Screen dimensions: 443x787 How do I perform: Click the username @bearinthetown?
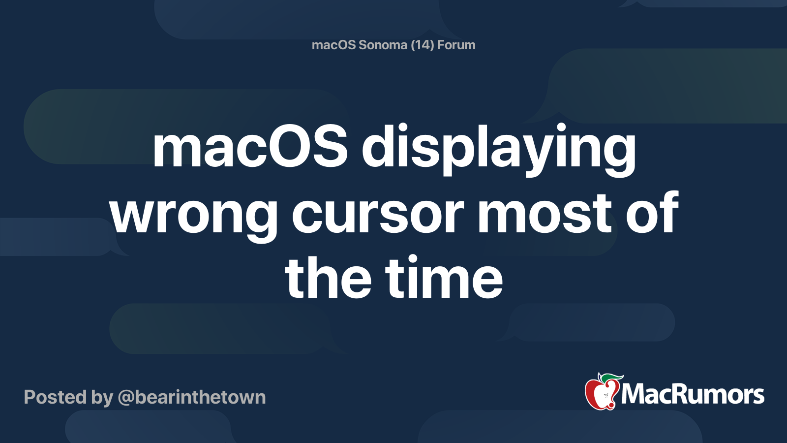pos(192,397)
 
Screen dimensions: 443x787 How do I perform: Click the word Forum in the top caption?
pos(456,45)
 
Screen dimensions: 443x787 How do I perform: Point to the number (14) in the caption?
pos(422,45)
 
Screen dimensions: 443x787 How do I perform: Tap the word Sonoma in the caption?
pos(383,45)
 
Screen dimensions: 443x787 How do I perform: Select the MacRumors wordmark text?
pos(693,395)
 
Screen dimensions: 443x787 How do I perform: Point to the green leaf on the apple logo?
pos(612,378)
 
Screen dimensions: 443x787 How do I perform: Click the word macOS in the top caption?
pos(333,45)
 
